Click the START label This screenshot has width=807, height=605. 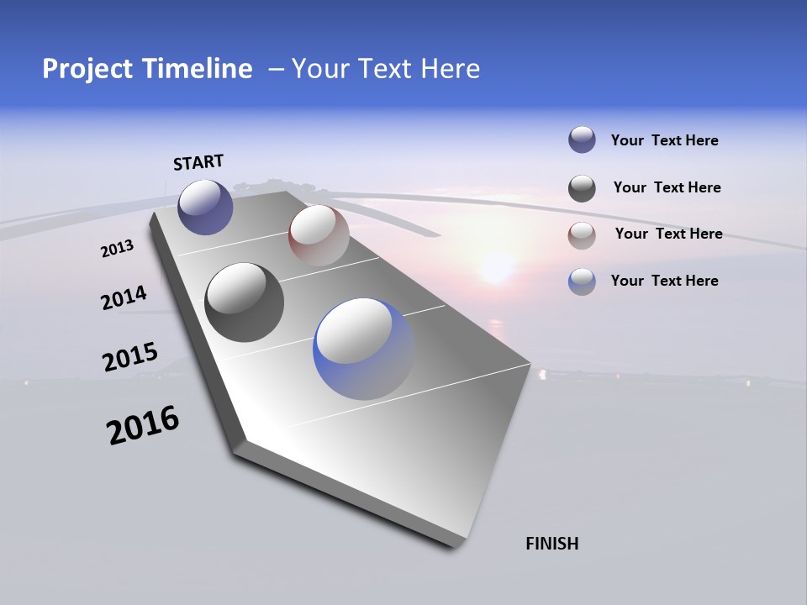tap(198, 162)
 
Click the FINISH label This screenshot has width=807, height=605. tap(552, 544)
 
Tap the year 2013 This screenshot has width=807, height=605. tap(118, 249)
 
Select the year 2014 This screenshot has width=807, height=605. tap(124, 298)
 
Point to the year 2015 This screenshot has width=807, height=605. tap(130, 357)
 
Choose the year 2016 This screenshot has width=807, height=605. tap(143, 425)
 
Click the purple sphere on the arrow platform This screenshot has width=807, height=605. tap(205, 207)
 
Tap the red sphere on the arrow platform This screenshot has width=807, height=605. tap(319, 235)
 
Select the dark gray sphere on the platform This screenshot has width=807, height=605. tap(245, 302)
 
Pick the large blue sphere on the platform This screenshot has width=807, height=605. tap(363, 349)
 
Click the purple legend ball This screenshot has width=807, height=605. tap(582, 139)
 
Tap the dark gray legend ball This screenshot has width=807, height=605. tap(582, 188)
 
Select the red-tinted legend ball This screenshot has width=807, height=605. tap(582, 235)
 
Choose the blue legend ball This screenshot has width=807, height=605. tap(582, 281)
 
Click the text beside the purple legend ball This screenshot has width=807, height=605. tap(665, 141)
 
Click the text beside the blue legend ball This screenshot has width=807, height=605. tap(665, 281)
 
